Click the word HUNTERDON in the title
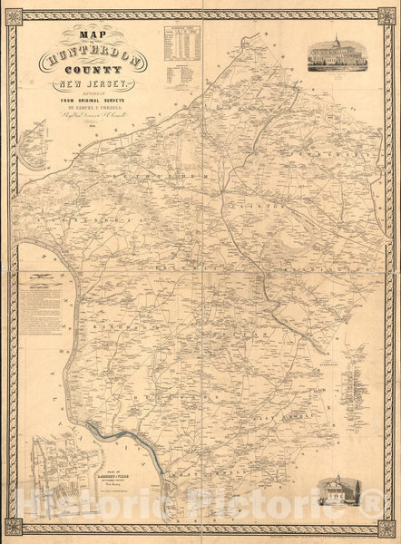pos(91,60)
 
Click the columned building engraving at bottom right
pos(341,490)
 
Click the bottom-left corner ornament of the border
pos(14,526)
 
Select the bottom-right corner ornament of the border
pos(387,526)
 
